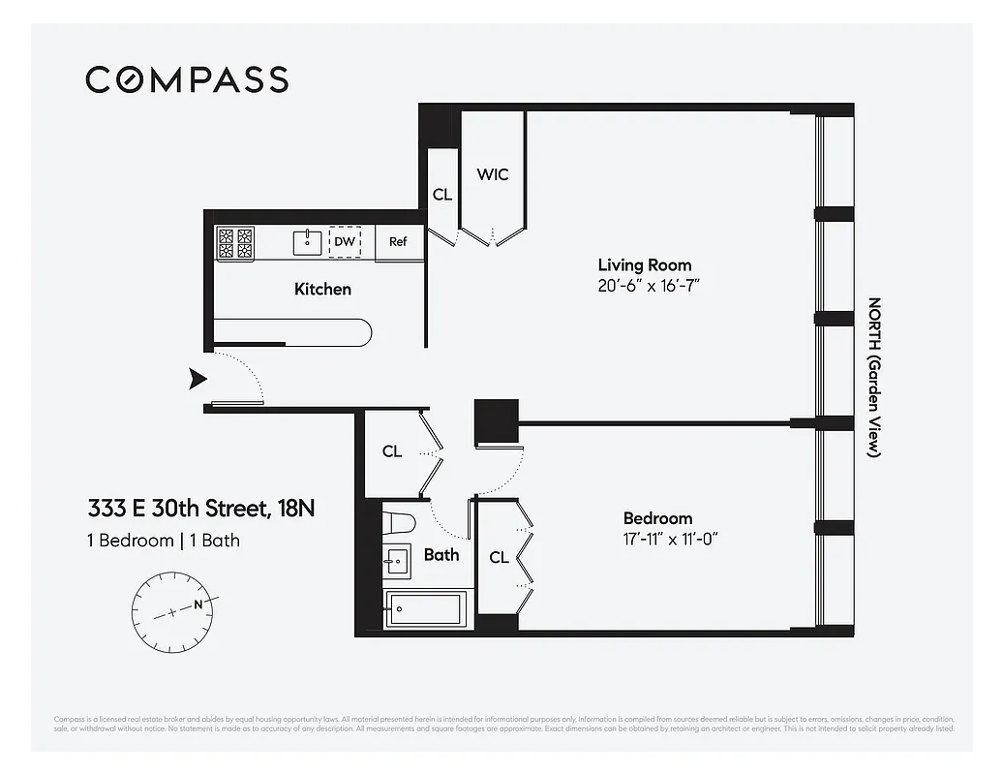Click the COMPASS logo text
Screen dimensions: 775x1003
(187, 79)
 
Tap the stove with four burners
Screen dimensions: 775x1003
(234, 243)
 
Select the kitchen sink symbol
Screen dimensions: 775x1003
(307, 242)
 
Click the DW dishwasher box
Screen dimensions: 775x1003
(345, 242)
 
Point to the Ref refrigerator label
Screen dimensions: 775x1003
(398, 242)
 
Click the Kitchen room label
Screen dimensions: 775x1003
(322, 289)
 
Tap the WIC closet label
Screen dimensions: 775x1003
(492, 174)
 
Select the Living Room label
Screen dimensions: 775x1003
(644, 264)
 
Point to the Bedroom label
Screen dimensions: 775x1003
(657, 518)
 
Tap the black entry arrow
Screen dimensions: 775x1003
(198, 378)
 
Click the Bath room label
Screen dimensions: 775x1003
(441, 555)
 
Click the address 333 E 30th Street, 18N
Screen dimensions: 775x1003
(201, 509)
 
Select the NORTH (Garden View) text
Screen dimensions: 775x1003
(872, 377)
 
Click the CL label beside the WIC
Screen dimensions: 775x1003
(442, 195)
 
